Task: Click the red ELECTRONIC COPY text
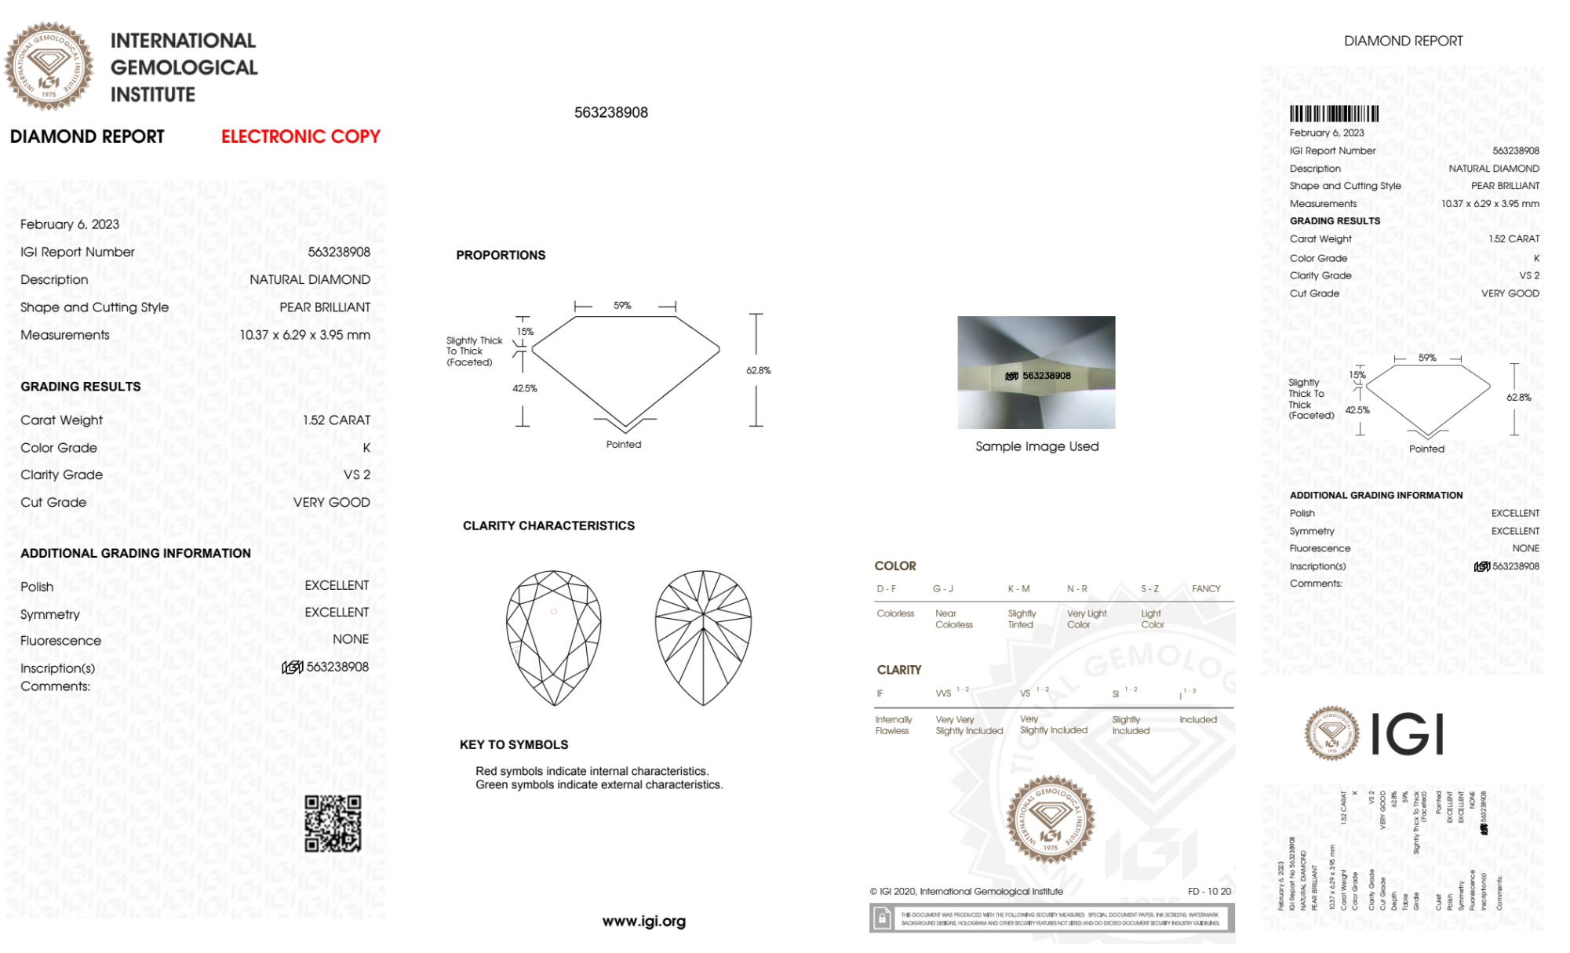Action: click(301, 136)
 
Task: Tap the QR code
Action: click(333, 824)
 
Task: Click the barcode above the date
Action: click(1334, 114)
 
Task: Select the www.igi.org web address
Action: click(643, 921)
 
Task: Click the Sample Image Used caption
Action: click(1036, 446)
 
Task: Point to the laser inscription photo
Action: click(1036, 373)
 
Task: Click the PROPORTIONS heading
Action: click(501, 255)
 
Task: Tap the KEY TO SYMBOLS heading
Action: click(514, 744)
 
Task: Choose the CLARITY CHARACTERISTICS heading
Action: click(548, 526)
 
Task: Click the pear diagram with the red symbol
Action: click(553, 637)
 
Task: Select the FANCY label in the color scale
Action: click(1206, 588)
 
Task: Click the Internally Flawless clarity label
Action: click(893, 725)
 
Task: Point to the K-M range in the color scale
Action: click(1018, 588)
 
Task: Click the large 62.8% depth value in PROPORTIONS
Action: click(758, 370)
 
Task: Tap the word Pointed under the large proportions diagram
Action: click(624, 444)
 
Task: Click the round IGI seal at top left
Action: click(49, 67)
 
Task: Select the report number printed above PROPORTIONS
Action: click(610, 112)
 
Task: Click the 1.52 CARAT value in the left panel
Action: click(337, 420)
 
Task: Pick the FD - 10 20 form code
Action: click(1209, 891)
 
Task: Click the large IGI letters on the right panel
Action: click(1408, 734)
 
